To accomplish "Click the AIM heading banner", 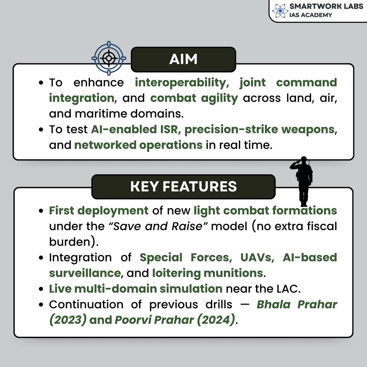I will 183,59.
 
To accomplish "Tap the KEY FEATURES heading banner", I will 183,187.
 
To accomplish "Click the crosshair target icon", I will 109,58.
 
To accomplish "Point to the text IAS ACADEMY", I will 310,15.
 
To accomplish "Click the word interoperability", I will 180,83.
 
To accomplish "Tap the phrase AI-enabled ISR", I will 134,129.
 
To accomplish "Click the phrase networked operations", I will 138,145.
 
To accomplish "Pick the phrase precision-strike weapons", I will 259,129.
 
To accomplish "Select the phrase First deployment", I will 98,211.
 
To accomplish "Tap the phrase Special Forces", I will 184,258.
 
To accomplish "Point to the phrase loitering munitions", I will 207,273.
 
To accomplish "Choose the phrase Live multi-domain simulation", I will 135,289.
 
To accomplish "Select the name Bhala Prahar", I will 297,304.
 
